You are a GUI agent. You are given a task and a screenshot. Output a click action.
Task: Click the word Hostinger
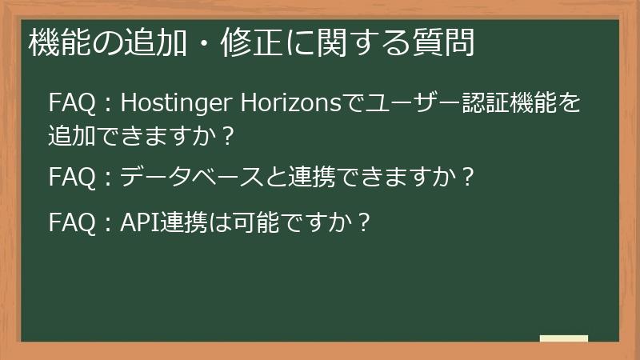[170, 103]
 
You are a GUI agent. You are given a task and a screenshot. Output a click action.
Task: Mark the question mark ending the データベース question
[468, 175]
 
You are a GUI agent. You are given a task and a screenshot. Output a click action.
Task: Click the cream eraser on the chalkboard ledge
[563, 338]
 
